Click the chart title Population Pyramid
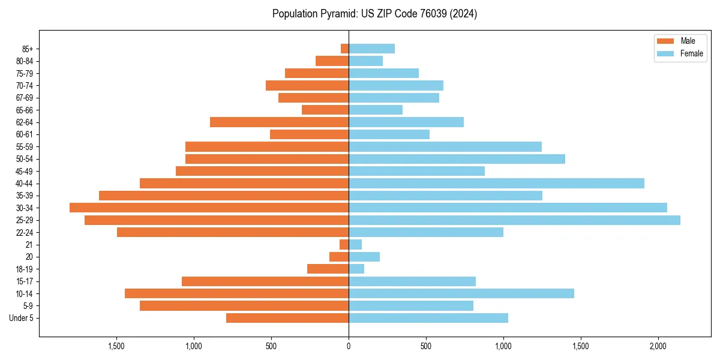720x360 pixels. [374, 14]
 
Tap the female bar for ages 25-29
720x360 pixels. [514, 220]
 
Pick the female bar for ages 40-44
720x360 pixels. [496, 183]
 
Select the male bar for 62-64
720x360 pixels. [279, 122]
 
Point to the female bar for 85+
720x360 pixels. [371, 49]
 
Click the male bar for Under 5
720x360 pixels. [287, 318]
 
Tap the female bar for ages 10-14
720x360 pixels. [461, 293]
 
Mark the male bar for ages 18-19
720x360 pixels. [328, 269]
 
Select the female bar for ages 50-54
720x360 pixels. [457, 159]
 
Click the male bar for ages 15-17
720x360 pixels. [265, 281]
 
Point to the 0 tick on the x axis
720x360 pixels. [349, 346]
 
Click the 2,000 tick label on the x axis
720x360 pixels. [658, 346]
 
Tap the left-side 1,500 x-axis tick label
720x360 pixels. [116, 346]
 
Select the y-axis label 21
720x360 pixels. [29, 245]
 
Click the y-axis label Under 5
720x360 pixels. [21, 318]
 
